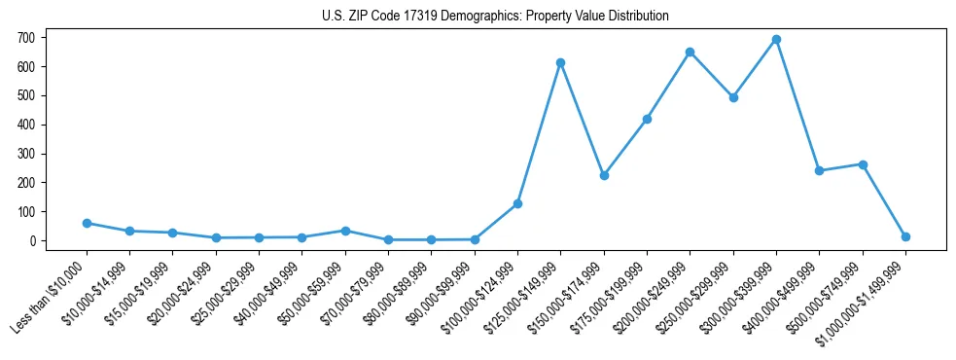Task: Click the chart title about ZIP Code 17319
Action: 495,17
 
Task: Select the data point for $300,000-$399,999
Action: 776,40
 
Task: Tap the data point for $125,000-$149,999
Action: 560,62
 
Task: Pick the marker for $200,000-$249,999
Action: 690,52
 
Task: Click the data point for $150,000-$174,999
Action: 604,175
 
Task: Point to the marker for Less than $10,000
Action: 87,223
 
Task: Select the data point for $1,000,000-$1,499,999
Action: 905,236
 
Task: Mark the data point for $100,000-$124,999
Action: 517,203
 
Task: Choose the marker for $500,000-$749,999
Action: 863,164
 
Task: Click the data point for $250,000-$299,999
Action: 733,97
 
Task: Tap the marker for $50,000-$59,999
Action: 345,231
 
